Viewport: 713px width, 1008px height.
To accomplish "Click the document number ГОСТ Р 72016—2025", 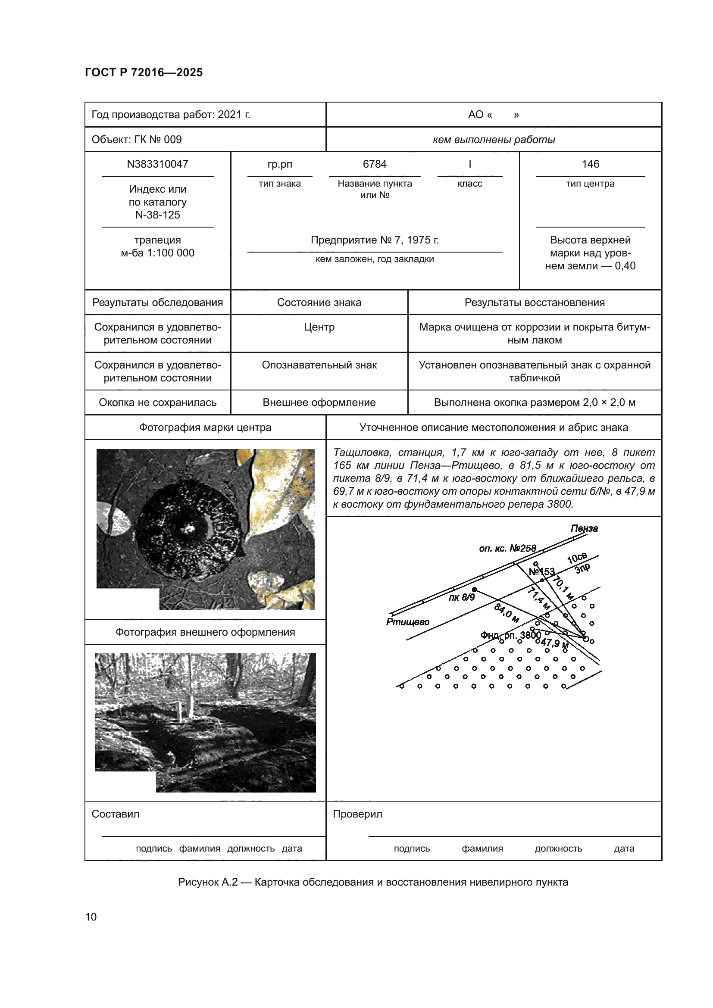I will pyautogui.click(x=144, y=72).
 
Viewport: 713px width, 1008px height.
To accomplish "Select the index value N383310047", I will pyautogui.click(x=158, y=164).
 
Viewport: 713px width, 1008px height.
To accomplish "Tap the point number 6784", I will pyautogui.click(x=375, y=164).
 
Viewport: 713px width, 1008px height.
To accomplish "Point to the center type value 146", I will pyautogui.click(x=590, y=164).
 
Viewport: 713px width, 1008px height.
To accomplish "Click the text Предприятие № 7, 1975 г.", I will pyautogui.click(x=375, y=240).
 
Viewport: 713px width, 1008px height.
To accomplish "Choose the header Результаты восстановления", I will pyautogui.click(x=534, y=303).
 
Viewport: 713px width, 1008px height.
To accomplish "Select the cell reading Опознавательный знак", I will pyautogui.click(x=319, y=365).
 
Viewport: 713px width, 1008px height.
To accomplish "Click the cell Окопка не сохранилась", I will pyautogui.click(x=158, y=403).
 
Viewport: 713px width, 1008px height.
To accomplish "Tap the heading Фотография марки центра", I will pyautogui.click(x=205, y=428).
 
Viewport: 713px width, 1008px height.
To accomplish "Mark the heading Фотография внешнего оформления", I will pyautogui.click(x=205, y=632).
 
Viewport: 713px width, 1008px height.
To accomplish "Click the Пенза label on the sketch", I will pyautogui.click(x=584, y=529).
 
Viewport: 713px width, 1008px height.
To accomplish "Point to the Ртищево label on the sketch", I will pyautogui.click(x=408, y=622).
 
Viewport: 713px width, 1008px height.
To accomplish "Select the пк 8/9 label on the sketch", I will pyautogui.click(x=461, y=597).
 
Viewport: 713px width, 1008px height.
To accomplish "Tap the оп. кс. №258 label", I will pyautogui.click(x=507, y=548).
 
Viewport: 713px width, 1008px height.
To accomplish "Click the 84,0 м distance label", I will pyautogui.click(x=507, y=613).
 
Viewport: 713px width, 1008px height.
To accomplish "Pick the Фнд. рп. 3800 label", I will pyautogui.click(x=510, y=635).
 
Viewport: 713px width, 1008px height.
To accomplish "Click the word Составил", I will pyautogui.click(x=116, y=814).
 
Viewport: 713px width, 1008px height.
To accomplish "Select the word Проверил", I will pyautogui.click(x=357, y=814).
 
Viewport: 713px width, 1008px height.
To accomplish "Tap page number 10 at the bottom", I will pyautogui.click(x=91, y=917).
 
